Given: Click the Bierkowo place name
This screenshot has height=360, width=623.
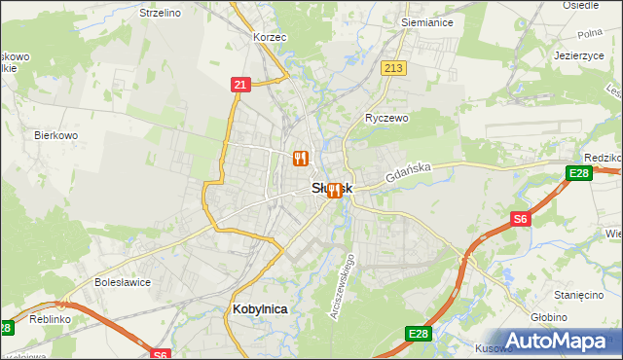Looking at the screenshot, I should coord(55,135).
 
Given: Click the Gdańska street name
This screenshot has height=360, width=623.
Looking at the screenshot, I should coord(407,172).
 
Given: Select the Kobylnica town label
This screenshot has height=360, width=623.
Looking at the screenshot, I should coord(261,308).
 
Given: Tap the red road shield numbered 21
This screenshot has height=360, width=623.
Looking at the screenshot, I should coord(240,86).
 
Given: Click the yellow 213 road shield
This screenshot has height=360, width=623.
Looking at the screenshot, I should coord(393,67).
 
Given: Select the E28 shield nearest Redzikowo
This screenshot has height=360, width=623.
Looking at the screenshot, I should coord(578,174).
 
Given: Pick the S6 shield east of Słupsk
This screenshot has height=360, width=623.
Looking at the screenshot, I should coord(521,220).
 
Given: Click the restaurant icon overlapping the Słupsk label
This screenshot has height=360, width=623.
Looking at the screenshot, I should coord(335,190).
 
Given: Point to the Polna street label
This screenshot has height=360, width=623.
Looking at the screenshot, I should coord(590,33).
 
